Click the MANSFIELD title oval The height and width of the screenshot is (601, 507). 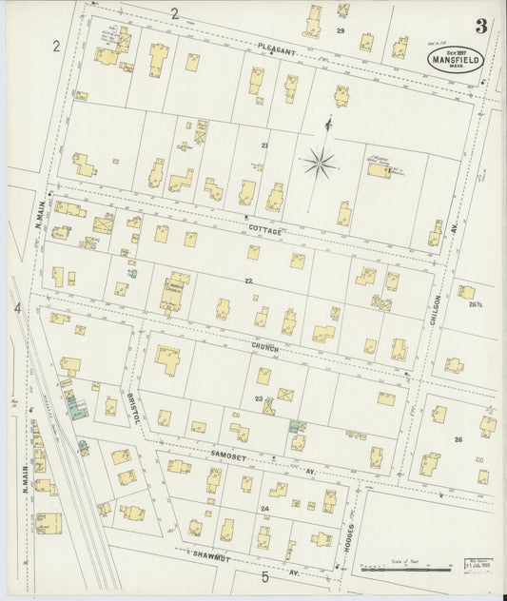point(455,59)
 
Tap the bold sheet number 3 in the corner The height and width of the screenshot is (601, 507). point(481,27)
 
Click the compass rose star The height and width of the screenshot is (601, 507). point(320,164)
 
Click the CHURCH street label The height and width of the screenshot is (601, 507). point(264,349)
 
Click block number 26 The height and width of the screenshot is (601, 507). point(458,439)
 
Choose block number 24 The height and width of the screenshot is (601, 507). point(265,509)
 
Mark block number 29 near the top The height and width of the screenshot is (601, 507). point(341,31)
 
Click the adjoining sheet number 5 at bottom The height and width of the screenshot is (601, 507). point(265,576)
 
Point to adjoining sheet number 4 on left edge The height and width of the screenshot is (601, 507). point(16,308)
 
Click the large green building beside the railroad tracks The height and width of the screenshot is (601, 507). point(76,406)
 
